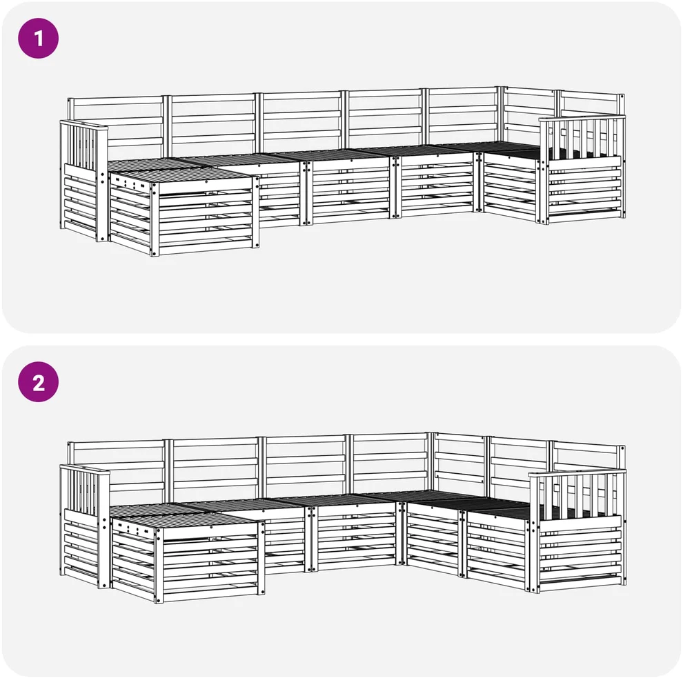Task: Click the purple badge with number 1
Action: [39, 39]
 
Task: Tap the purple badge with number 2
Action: [39, 382]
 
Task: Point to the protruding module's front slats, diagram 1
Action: [206, 218]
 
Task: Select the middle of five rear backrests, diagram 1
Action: [301, 122]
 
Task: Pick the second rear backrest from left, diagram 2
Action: [216, 468]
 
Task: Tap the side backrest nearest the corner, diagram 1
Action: [530, 112]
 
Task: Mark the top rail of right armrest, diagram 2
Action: [577, 472]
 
